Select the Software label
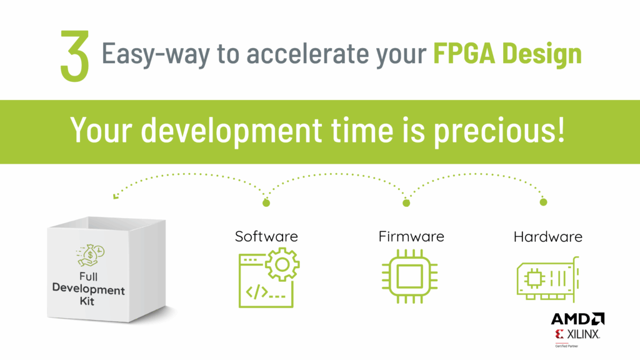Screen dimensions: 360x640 pyautogui.click(x=266, y=236)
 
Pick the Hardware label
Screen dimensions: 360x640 pyautogui.click(x=547, y=236)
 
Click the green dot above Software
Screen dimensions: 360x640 pyautogui.click(x=266, y=202)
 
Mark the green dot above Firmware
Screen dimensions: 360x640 pyautogui.click(x=406, y=202)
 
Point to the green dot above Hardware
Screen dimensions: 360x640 pyautogui.click(x=543, y=202)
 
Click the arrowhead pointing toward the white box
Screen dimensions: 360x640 pyautogui.click(x=116, y=196)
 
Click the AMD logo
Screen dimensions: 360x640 pyautogui.click(x=577, y=319)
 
